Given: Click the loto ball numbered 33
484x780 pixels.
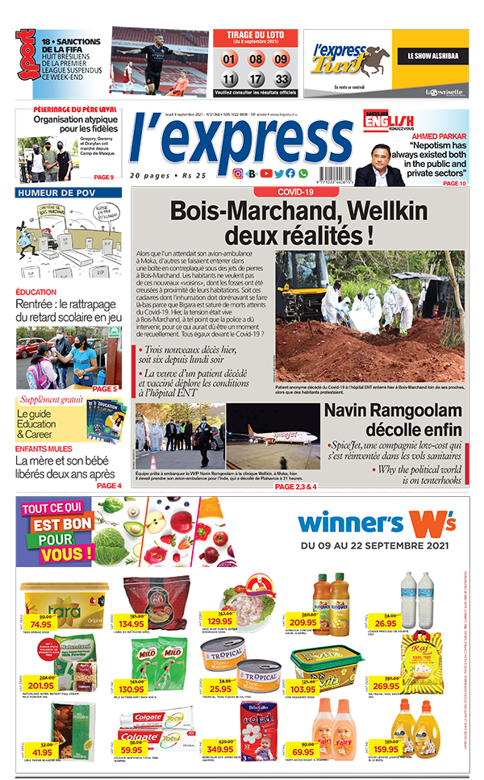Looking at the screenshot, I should point(282,79).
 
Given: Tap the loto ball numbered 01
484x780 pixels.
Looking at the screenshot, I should point(230,59).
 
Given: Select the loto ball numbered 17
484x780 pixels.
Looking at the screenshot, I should point(256,79).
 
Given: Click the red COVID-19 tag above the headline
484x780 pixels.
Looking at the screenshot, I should point(295,192).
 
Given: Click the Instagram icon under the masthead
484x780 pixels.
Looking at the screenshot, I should point(238,173).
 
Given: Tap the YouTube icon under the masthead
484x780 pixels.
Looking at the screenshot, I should point(266,173).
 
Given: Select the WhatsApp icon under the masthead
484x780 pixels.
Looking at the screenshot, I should point(303,173).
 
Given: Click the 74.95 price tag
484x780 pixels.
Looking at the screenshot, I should point(40,624).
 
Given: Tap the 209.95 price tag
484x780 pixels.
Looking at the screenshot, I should point(302,622).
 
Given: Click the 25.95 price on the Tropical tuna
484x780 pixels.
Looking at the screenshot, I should point(219,688).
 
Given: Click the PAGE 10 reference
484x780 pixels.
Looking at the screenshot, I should point(454,183).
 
